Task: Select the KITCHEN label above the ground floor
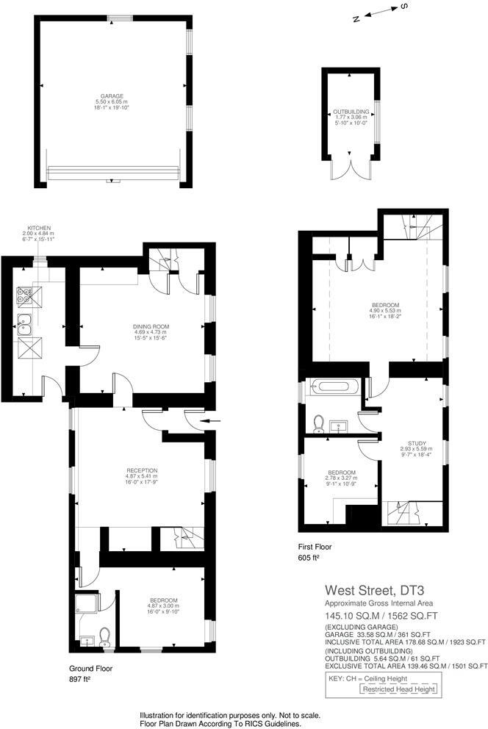[39, 229]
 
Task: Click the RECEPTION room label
[142, 470]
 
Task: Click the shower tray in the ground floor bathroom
[86, 604]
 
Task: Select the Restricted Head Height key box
[398, 689]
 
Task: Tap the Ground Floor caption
[90, 669]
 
